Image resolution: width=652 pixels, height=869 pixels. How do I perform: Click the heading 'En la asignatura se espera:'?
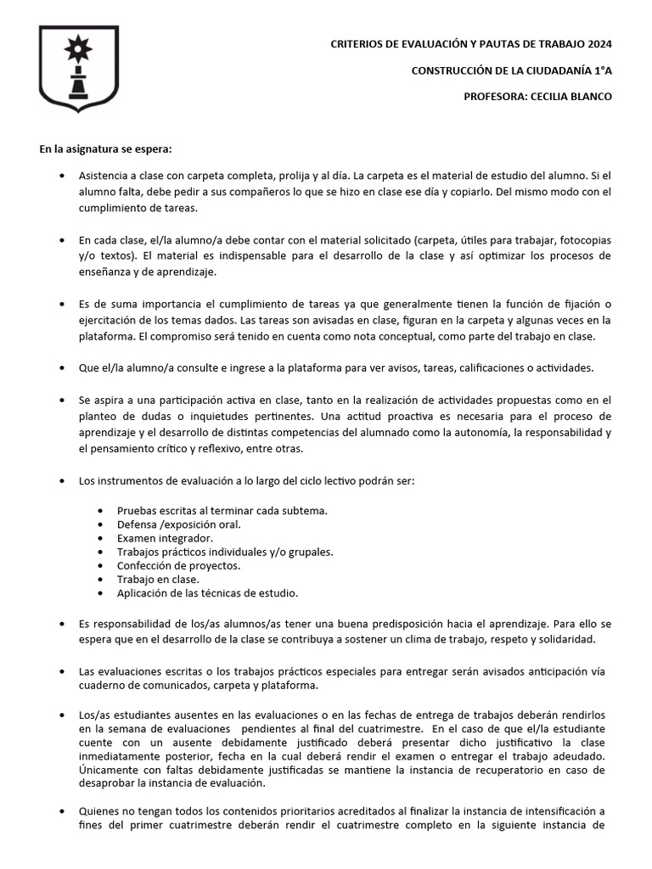[105, 149]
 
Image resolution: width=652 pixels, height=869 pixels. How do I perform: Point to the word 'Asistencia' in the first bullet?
[104, 176]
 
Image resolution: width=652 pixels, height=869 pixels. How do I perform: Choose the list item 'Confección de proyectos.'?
[178, 565]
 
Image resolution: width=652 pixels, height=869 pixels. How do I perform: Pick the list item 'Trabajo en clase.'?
[158, 579]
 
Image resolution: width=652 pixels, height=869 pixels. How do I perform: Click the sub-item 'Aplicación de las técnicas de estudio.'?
[207, 592]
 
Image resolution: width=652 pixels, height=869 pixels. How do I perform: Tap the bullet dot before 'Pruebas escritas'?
[101, 511]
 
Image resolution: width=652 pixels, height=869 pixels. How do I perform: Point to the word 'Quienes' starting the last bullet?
[99, 812]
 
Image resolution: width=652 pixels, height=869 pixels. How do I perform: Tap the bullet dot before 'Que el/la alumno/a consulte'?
[63, 367]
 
